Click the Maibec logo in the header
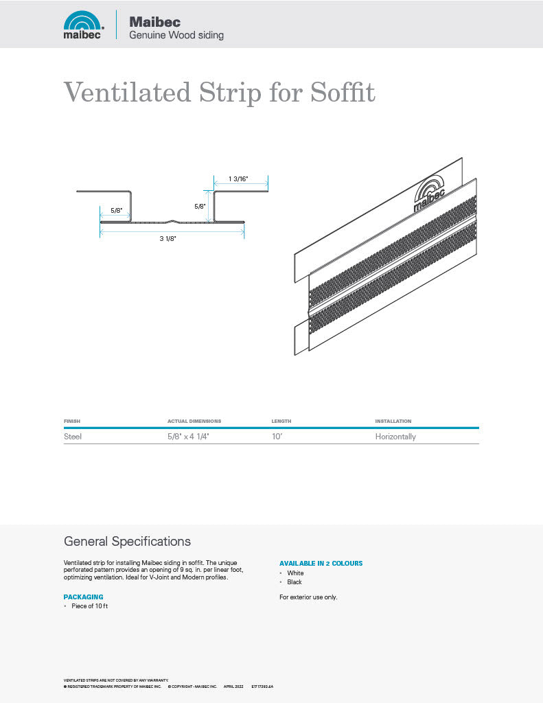point(83,25)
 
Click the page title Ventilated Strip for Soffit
point(219,91)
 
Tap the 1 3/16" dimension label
point(238,178)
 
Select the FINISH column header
point(72,421)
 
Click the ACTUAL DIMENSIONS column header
point(194,421)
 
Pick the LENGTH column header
point(281,421)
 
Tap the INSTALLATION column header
point(393,421)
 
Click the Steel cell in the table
point(73,437)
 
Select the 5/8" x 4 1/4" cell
point(188,437)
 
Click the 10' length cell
point(277,437)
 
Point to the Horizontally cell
point(395,437)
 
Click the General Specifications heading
point(127,542)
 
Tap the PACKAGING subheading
point(83,597)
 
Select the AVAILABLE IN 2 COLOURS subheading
point(321,564)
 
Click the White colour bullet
point(295,573)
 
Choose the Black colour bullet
point(294,582)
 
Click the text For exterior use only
point(308,597)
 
